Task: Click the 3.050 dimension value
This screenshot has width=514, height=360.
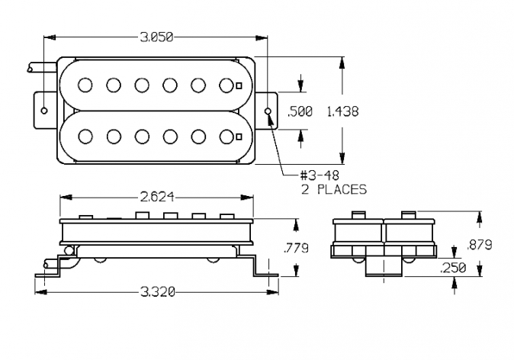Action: (156, 37)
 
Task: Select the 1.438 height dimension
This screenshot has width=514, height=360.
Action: (343, 111)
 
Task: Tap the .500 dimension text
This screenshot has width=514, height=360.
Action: (300, 111)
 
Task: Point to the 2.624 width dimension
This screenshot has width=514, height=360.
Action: (157, 197)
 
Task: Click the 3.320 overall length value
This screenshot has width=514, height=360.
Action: (158, 291)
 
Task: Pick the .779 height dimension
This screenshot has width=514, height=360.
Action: (296, 248)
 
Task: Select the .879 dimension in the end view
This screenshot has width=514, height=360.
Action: (479, 245)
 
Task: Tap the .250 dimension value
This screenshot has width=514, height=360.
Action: (453, 268)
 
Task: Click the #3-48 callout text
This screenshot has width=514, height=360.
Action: (320, 175)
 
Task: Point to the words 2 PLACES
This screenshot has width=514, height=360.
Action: (334, 189)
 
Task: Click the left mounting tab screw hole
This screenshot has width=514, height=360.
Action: (44, 111)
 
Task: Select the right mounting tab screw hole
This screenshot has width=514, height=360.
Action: (268, 111)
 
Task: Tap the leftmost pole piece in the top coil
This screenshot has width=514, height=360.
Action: (85, 85)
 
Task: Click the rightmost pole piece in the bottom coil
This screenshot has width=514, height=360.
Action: (226, 137)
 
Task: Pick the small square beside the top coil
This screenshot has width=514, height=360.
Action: (239, 85)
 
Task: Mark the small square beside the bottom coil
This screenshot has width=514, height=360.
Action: (239, 137)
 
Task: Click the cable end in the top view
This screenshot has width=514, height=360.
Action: (30, 68)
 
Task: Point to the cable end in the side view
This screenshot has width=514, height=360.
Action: (46, 264)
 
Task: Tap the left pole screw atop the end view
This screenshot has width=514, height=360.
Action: (358, 215)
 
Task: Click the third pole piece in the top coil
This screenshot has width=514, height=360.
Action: (142, 85)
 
